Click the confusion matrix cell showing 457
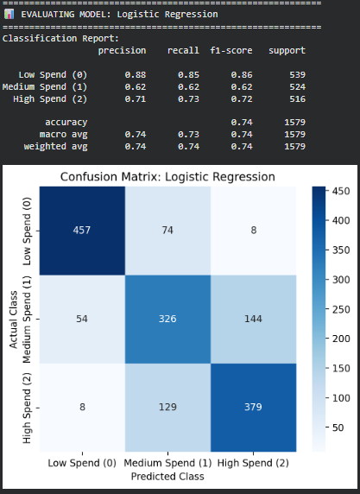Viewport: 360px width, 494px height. click(79, 231)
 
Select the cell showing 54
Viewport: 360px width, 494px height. click(79, 318)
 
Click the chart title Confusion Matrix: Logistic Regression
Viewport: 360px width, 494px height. click(167, 177)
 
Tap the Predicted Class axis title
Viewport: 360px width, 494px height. click(167, 476)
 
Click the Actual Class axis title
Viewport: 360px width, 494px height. click(13, 318)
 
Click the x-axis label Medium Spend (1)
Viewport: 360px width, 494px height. click(167, 463)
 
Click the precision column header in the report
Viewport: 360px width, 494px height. click(122, 51)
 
